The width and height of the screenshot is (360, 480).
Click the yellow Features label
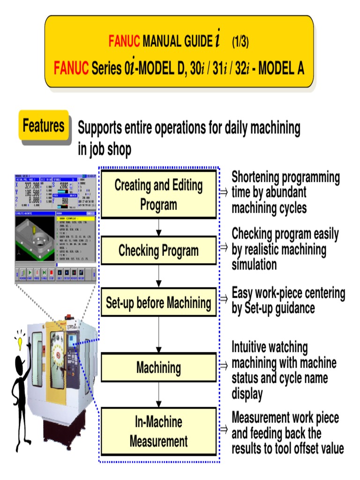coord(44,126)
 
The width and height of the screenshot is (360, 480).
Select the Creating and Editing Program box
coord(158,195)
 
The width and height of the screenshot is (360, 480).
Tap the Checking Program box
coord(158,251)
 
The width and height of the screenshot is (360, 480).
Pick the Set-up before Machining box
coord(158,303)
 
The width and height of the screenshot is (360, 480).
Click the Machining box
coord(158,367)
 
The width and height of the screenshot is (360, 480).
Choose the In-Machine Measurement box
coord(158,432)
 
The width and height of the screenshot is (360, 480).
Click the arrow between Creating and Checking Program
coord(159,227)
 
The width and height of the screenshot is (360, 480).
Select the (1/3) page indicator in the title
coord(240,43)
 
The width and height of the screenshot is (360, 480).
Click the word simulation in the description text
coord(254,265)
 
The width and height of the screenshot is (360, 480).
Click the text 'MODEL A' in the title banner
coord(280,69)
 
